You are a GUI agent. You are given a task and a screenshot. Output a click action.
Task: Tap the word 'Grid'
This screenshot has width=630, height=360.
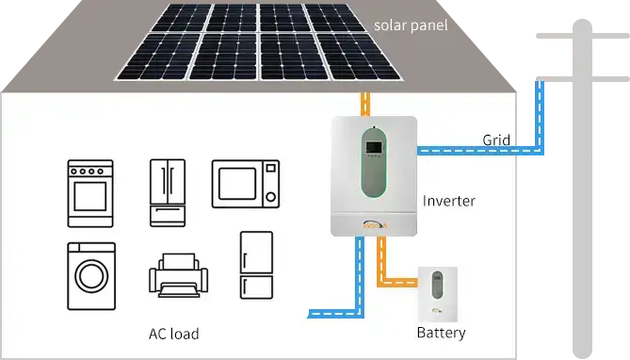[496, 140]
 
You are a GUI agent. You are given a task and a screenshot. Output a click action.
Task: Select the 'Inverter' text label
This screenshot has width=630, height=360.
[448, 201]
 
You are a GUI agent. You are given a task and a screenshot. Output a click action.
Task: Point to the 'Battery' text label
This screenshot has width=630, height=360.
[441, 333]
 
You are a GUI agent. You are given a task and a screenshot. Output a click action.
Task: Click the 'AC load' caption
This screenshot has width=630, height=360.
[173, 334]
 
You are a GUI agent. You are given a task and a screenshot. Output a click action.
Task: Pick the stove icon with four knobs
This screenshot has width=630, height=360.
[90, 192]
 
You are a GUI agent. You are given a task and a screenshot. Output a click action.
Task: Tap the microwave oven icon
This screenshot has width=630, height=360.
[246, 182]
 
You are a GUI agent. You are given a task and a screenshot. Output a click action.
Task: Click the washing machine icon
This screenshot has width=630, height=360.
[91, 276]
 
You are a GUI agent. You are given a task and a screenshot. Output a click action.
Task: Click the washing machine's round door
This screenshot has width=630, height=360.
[91, 278]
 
